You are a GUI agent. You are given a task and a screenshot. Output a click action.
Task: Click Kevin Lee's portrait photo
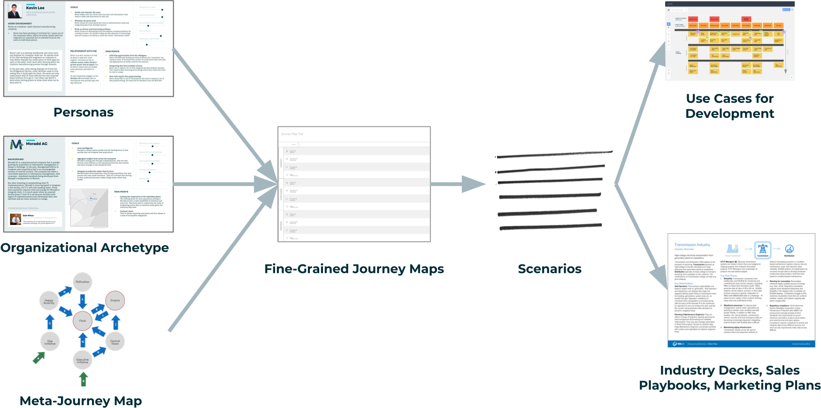16,11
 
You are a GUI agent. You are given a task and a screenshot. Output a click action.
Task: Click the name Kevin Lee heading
35,8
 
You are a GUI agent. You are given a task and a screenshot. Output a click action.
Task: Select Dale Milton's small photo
16,218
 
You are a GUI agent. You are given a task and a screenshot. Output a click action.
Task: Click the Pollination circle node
83,282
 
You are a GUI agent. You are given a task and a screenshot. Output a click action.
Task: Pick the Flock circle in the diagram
83,321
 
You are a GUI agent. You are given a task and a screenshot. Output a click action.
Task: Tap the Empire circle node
115,300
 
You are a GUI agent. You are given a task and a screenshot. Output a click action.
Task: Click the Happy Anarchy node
49,301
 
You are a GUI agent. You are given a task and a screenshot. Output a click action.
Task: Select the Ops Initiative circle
50,342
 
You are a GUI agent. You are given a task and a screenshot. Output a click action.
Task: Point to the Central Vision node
115,342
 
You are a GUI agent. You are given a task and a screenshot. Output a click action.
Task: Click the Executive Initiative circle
83,360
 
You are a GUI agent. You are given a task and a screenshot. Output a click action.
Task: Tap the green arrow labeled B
83,379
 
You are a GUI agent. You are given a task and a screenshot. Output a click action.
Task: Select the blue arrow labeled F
83,300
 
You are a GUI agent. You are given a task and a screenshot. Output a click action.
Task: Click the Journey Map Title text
292,134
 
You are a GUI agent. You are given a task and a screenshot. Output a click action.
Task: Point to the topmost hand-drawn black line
554,154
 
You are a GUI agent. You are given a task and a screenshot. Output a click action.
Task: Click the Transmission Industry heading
692,245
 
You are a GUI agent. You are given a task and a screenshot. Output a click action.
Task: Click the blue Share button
786,9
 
